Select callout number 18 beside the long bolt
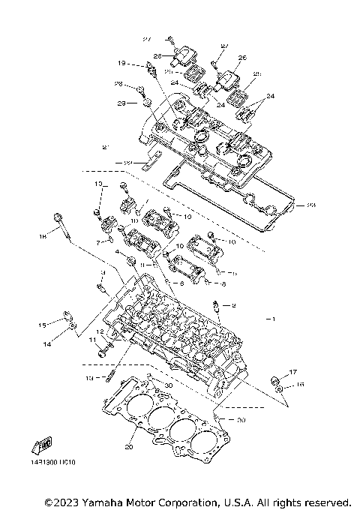click(x=43, y=236)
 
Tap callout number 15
click(x=43, y=325)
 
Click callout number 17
click(x=293, y=372)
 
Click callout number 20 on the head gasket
click(x=128, y=448)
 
